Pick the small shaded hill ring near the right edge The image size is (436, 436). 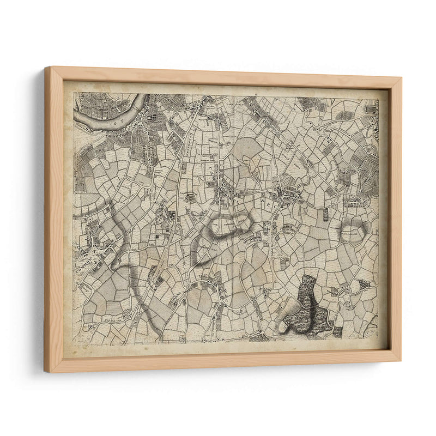353,232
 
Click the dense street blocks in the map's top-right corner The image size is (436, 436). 368,109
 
